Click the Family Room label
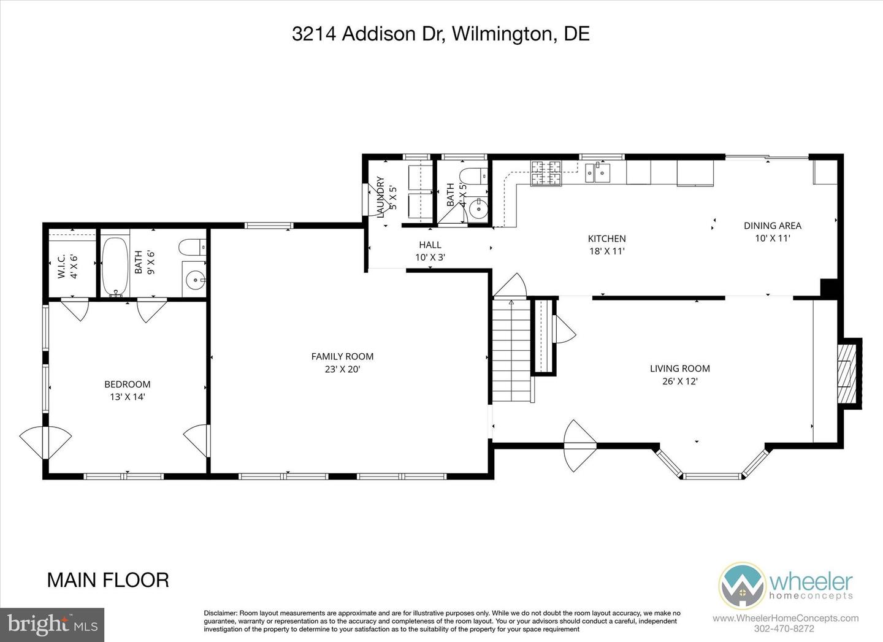(x=342, y=356)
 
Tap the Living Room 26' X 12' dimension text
(x=679, y=381)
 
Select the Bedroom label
(x=127, y=384)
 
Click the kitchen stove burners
(x=546, y=172)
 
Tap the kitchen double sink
(x=597, y=174)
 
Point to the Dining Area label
(x=772, y=226)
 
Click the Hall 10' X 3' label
(x=430, y=251)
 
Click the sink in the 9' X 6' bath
(x=196, y=281)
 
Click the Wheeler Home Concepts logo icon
(x=741, y=585)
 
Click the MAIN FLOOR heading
(x=108, y=579)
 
